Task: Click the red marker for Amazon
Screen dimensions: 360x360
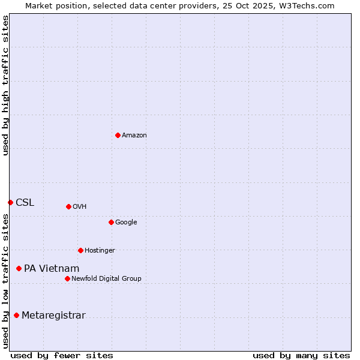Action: pyautogui.click(x=118, y=135)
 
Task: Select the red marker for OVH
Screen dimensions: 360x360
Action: pyautogui.click(x=68, y=206)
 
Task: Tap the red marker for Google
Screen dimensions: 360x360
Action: pyautogui.click(x=111, y=222)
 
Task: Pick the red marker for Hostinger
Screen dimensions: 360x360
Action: pyautogui.click(x=80, y=250)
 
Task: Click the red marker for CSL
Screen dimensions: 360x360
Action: pyautogui.click(x=10, y=202)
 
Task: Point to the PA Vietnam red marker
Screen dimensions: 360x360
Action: pyautogui.click(x=19, y=268)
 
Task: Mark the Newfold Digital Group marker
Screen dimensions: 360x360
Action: pyautogui.click(x=67, y=278)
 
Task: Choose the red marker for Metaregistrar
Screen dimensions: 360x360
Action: pyautogui.click(x=16, y=315)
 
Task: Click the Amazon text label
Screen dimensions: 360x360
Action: pyautogui.click(x=134, y=136)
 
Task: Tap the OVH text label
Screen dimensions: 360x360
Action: pyautogui.click(x=80, y=207)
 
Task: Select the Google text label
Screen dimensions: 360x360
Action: pyautogui.click(x=126, y=223)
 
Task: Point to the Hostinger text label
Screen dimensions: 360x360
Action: pyautogui.click(x=100, y=251)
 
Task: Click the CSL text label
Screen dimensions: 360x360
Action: pyautogui.click(x=25, y=203)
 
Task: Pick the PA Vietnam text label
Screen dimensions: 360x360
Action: pyautogui.click(x=52, y=269)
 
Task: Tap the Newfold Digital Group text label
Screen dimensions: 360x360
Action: pyautogui.click(x=106, y=279)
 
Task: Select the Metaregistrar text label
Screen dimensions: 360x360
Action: pyautogui.click(x=53, y=316)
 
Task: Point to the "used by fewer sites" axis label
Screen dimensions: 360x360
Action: pyautogui.click(x=62, y=355)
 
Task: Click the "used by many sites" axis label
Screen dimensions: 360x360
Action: pyautogui.click(x=301, y=355)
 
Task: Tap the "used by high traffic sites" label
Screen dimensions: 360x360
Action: pyautogui.click(x=5, y=85)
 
